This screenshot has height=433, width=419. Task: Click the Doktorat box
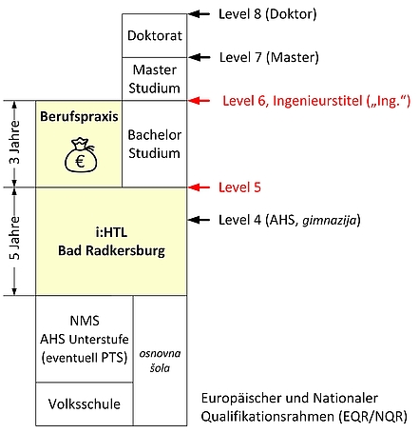click(155, 35)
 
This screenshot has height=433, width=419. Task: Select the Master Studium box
click(155, 79)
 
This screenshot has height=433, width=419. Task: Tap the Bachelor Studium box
click(155, 144)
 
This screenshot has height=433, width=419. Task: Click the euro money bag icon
click(81, 155)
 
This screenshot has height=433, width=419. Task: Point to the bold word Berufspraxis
click(79, 117)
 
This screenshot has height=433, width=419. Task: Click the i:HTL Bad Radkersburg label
click(111, 242)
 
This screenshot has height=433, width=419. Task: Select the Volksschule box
click(85, 403)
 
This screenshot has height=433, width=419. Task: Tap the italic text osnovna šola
click(160, 361)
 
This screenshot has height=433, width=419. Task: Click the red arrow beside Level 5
click(200, 187)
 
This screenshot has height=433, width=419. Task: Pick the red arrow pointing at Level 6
click(200, 101)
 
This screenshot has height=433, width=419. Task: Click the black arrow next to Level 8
click(200, 13)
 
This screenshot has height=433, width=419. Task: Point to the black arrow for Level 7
click(200, 57)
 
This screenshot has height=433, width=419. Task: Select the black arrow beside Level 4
click(200, 220)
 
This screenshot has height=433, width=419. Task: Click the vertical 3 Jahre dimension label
click(14, 142)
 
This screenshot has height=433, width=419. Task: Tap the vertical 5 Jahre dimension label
click(14, 238)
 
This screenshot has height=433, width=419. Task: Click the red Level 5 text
click(239, 187)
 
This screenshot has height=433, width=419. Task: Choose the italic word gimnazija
click(330, 220)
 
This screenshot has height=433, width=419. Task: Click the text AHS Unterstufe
click(85, 339)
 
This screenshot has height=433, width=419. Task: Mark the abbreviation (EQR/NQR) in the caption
click(372, 416)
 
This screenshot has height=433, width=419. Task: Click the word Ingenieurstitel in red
click(317, 101)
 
